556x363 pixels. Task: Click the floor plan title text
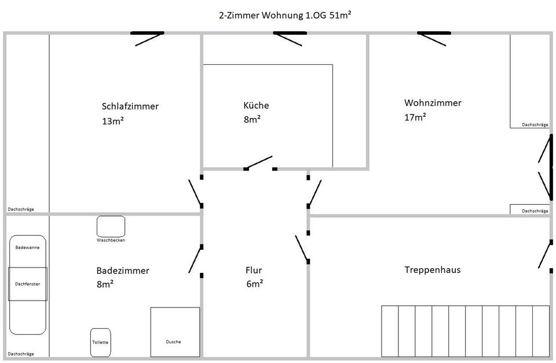click(x=285, y=15)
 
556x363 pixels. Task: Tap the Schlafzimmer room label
click(x=130, y=106)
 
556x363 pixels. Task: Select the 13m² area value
click(x=113, y=121)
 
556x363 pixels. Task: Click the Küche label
click(x=256, y=105)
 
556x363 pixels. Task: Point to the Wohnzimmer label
click(x=433, y=103)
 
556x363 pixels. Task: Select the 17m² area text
click(x=415, y=117)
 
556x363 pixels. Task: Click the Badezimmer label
click(x=123, y=271)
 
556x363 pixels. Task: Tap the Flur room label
click(x=254, y=271)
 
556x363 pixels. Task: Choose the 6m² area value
click(x=255, y=283)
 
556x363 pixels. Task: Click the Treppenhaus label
click(x=432, y=269)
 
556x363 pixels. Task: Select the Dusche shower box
click(x=175, y=332)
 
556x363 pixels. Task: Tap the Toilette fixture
click(x=100, y=342)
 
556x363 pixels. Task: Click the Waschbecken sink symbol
click(x=111, y=227)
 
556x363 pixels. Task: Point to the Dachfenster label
click(x=27, y=284)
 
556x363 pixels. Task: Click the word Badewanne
click(x=27, y=247)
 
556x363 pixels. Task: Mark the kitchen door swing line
click(x=259, y=162)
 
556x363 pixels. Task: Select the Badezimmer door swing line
click(x=195, y=260)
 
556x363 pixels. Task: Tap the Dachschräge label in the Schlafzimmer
click(x=21, y=209)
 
